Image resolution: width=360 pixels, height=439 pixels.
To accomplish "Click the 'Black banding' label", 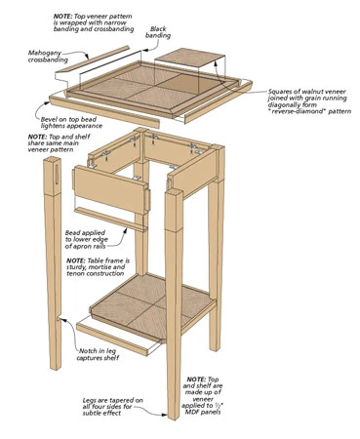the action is click(x=158, y=32).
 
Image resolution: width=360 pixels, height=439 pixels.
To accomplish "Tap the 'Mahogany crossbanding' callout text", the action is click(x=48, y=57).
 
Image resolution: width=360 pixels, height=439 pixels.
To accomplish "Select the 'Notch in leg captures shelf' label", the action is click(x=98, y=354).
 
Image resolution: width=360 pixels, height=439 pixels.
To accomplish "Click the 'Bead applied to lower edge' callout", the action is click(x=86, y=239).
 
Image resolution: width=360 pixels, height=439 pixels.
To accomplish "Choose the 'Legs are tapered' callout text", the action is click(x=112, y=407).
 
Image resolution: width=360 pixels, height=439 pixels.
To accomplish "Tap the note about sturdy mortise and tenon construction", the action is click(x=98, y=267).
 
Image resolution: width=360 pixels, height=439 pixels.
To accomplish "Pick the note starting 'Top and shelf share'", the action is click(x=59, y=143).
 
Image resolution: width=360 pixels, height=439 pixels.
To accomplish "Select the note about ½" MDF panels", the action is click(x=202, y=395).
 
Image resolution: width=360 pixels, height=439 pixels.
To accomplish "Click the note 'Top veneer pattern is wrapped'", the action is click(x=94, y=22).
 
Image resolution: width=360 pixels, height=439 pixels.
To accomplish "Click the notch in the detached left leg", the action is click(x=59, y=319).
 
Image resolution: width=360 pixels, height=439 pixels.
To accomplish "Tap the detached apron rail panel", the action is click(x=111, y=190).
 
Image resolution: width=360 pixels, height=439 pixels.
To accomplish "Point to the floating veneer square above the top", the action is click(x=189, y=57).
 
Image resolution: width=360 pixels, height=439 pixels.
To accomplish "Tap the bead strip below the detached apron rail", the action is click(x=110, y=219).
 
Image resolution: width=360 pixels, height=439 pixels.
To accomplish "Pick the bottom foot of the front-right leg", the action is click(x=173, y=416).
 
